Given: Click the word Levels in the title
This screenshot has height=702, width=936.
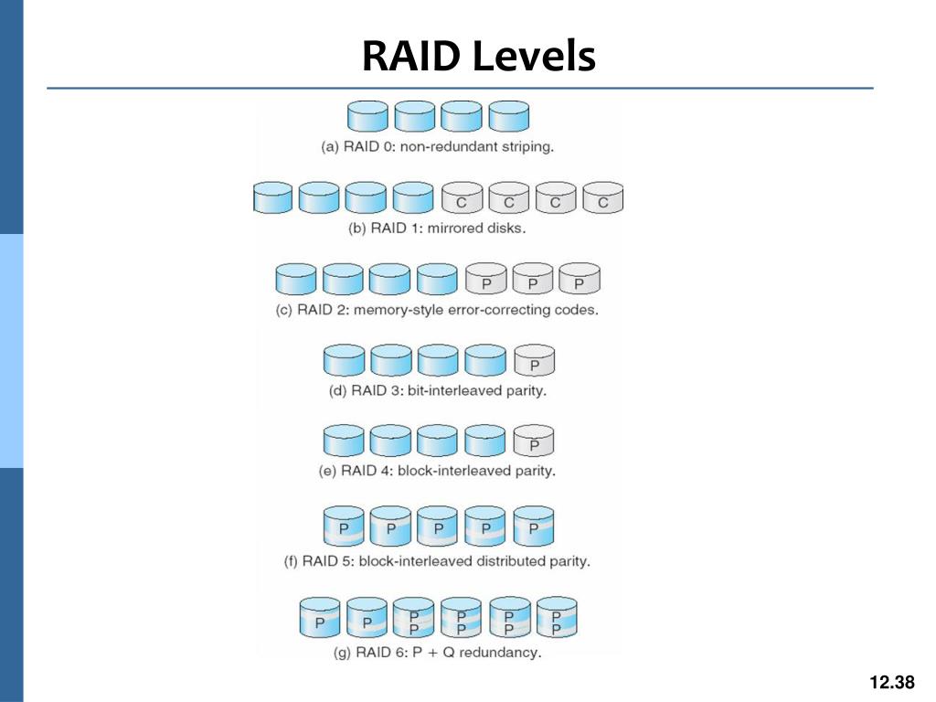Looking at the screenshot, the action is point(534,56).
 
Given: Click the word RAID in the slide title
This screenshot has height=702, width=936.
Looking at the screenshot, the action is point(411,56).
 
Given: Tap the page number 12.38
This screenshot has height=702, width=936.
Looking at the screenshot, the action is point(892,682).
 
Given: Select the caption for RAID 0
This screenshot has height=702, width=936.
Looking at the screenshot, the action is point(438,147).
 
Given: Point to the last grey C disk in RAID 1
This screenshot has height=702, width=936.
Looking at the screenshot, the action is point(603,197).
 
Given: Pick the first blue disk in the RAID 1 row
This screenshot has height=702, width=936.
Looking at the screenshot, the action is point(272,197).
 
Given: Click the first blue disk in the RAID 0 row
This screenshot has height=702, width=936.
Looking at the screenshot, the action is point(367,116).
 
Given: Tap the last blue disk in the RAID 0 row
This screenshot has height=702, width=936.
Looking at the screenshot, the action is point(508,116).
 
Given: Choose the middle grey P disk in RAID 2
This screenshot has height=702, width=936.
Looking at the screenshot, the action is point(533,279).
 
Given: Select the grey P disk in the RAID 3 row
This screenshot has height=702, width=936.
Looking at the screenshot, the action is point(534,360).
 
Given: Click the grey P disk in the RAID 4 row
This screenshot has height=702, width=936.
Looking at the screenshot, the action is point(534,441).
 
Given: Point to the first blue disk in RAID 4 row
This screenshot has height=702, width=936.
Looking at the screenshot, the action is point(344,441).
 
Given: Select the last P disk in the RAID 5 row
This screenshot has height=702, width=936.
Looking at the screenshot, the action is point(534,526).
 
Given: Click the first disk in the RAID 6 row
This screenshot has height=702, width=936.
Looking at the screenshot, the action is point(320,617).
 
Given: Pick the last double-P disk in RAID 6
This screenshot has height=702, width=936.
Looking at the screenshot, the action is point(557,617).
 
